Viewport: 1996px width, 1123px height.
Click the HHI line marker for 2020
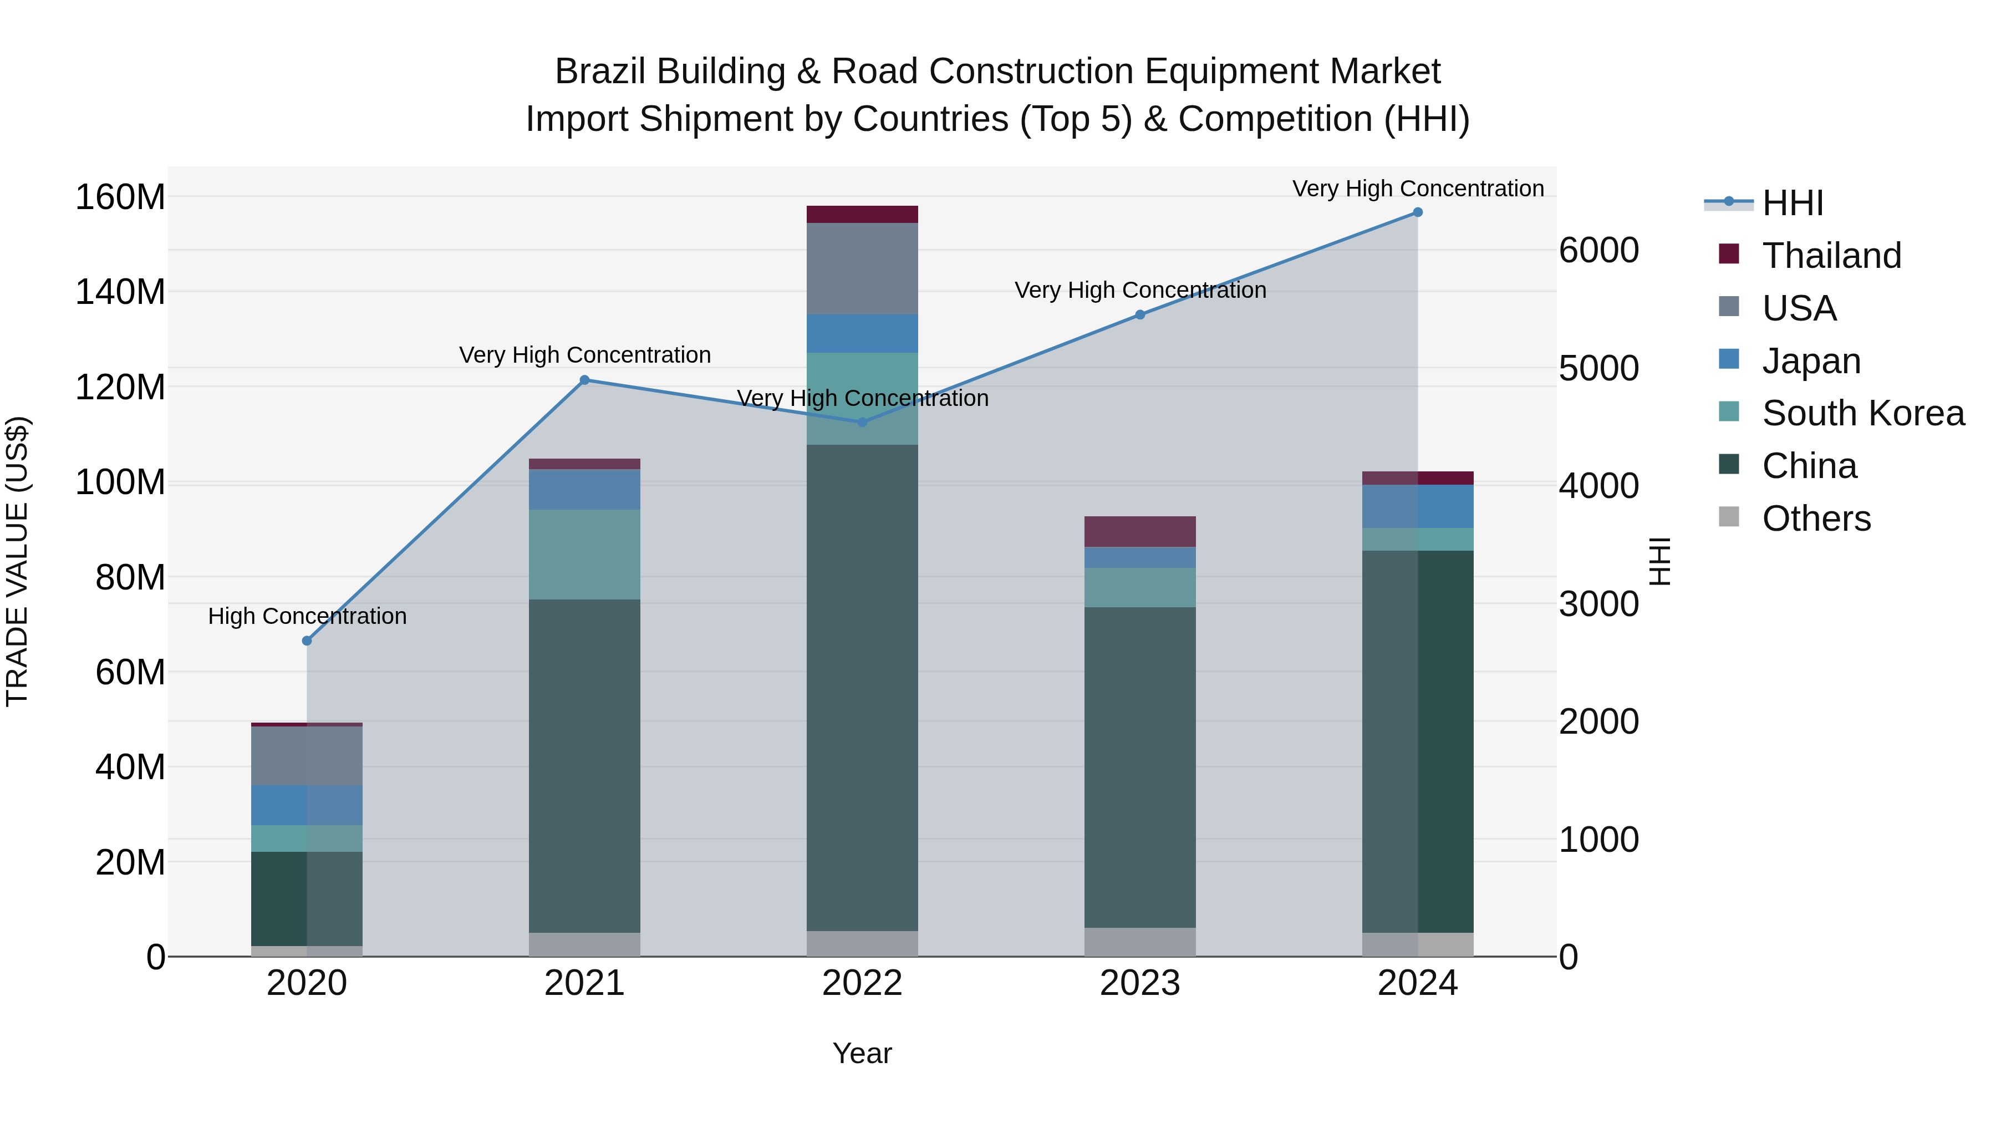307,641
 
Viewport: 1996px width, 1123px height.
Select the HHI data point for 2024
1417,212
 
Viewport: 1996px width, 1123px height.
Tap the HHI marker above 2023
1140,314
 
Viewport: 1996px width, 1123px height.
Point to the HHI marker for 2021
585,380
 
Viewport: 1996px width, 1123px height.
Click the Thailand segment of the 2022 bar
862,215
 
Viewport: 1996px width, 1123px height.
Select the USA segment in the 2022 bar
862,268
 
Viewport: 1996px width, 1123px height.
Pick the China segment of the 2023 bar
1140,768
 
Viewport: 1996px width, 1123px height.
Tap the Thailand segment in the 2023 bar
1140,532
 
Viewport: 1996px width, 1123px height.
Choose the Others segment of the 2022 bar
862,943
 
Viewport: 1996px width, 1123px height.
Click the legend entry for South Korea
1863,413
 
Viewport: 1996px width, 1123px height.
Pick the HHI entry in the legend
1792,203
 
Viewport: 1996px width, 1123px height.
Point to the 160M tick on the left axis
120,197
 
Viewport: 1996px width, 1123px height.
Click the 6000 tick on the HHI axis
1598,250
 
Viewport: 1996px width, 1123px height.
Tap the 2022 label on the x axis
862,983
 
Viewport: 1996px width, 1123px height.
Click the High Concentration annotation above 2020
308,616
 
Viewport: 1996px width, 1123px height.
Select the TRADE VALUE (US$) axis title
17,561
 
